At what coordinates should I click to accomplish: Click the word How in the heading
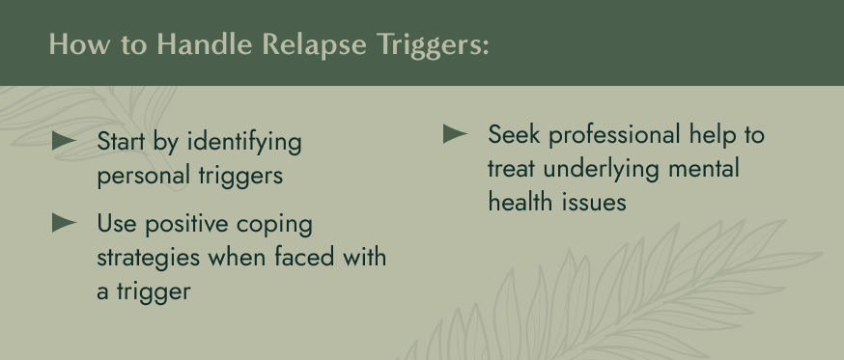coord(71,45)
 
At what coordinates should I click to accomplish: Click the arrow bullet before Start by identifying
coord(65,142)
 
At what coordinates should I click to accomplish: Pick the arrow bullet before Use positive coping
coord(65,223)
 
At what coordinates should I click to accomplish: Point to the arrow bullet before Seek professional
coord(456,133)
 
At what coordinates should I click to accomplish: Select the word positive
coord(186,225)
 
